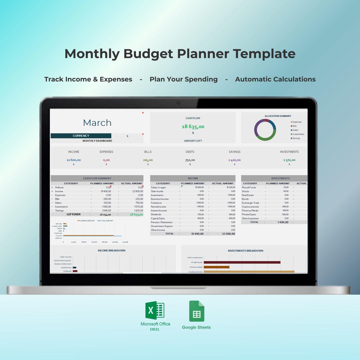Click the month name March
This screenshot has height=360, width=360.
pos(97,123)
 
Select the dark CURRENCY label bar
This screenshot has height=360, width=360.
pos(81,136)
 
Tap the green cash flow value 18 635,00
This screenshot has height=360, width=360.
pos(193,127)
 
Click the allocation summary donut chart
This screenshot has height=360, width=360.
pos(265,130)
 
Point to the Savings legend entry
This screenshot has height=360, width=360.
pos(296,138)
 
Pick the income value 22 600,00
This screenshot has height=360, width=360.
pos(74,160)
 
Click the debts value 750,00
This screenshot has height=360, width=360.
pos(190,160)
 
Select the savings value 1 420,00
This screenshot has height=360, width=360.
pos(234,160)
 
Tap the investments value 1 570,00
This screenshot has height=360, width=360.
pos(289,160)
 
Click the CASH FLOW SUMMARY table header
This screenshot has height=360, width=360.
pos(97,178)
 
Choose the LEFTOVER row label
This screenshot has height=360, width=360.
pos(73,214)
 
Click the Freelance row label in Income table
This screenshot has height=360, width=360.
pos(156,203)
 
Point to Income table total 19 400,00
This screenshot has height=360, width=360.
pos(197,234)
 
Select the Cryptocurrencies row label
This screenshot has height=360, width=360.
pos(250,207)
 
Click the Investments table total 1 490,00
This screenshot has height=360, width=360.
pos(283,222)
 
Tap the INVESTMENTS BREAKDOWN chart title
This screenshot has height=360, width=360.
pos(245,251)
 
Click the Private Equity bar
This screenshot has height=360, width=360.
pos(242,262)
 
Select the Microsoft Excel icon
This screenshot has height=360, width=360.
pos(155,310)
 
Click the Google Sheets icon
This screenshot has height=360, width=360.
pos(197,311)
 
